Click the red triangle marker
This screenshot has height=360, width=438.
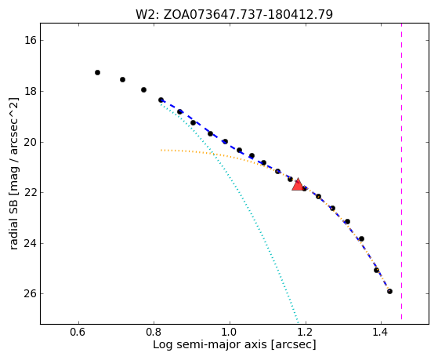[298, 184]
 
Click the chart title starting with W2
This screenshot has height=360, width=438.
[234, 14]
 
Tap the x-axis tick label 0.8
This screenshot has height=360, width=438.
[154, 333]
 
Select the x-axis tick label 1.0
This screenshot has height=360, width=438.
[230, 333]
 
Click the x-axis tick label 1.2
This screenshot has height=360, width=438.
[306, 333]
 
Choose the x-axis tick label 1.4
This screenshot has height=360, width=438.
[381, 333]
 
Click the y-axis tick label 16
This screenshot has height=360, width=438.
[31, 40]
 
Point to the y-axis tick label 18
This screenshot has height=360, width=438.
[31, 91]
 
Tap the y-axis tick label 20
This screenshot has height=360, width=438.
[31, 142]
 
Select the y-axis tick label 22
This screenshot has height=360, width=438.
[31, 193]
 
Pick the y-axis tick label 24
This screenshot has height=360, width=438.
[31, 243]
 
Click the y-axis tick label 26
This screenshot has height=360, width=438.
[31, 293]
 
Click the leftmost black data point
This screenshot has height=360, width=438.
[97, 72]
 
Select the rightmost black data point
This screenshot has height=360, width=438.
[389, 291]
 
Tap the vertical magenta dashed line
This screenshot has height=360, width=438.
[402, 172]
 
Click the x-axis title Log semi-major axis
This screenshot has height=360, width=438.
[210, 345]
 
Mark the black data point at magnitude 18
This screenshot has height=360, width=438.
[143, 89]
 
